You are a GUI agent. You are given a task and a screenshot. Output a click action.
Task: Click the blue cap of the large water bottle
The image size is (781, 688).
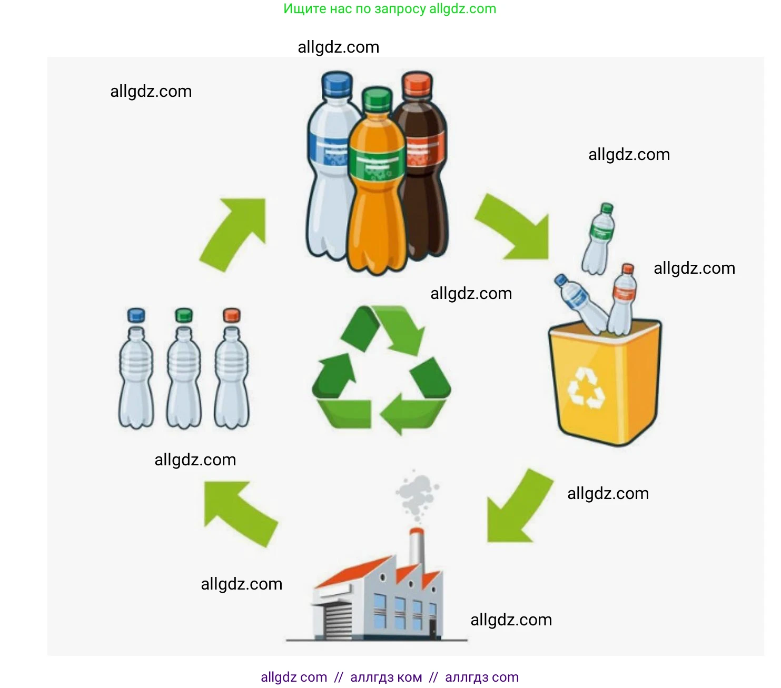tap(337, 84)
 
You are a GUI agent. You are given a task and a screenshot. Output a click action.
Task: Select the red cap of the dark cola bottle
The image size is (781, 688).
tap(418, 84)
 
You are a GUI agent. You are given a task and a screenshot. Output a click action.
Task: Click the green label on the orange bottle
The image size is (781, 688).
tap(377, 164)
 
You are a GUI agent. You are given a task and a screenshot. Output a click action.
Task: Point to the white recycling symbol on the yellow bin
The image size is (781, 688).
tap(586, 388)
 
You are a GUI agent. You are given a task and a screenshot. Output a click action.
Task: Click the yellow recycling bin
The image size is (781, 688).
tap(606, 384)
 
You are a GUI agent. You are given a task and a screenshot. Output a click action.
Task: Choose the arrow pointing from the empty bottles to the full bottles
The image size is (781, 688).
tap(234, 232)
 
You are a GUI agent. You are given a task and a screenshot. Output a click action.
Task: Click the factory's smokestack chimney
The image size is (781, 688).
tap(417, 547)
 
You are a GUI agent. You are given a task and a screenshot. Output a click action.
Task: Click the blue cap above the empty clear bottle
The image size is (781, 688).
tap(136, 315)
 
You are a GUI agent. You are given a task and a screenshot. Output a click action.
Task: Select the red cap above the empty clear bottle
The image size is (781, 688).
tap(232, 315)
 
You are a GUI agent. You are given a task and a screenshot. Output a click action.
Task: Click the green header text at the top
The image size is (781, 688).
tap(390, 9)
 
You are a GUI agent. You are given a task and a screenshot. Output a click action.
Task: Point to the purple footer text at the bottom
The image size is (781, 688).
tap(390, 677)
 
